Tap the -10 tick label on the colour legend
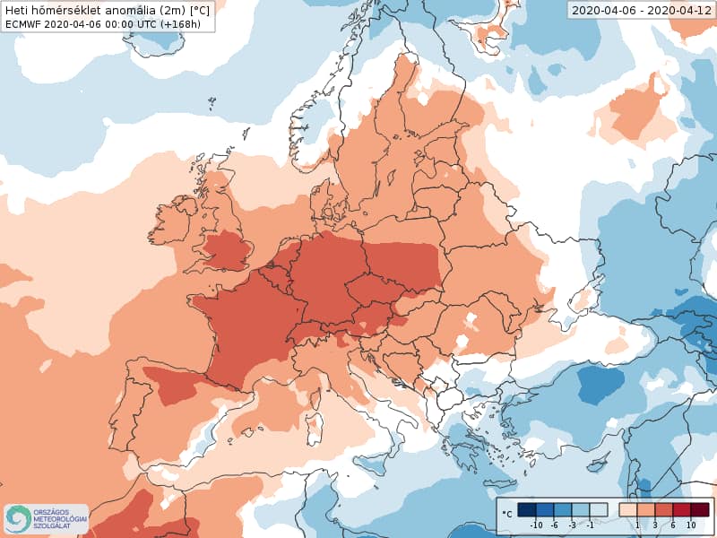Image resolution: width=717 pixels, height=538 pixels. point(537,525)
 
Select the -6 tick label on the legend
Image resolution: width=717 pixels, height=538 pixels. point(554,525)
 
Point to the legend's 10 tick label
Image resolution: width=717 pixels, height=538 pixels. point(690,525)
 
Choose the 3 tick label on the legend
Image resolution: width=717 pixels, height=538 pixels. point(655,525)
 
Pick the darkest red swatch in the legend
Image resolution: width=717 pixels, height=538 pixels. point(700,510)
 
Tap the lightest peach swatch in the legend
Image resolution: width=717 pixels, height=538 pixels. point(628,510)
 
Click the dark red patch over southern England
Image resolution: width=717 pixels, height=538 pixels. point(225,251)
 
